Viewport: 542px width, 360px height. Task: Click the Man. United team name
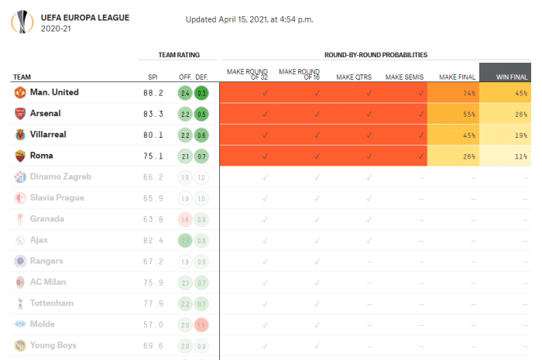click(x=54, y=93)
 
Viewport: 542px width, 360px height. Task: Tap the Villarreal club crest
click(x=19, y=135)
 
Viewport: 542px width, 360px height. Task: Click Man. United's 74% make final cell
click(x=453, y=93)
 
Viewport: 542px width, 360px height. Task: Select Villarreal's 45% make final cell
click(x=453, y=135)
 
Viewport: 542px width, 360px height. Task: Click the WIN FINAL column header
click(x=510, y=77)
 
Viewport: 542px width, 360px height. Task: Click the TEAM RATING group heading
click(x=178, y=55)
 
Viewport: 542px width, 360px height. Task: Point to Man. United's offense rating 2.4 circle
click(x=184, y=93)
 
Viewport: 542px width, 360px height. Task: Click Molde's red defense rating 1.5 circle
click(x=201, y=324)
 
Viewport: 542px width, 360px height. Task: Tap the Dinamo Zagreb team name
click(x=60, y=177)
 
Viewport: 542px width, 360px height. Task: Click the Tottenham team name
click(x=52, y=303)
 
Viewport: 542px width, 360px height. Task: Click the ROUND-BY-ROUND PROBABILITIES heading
click(x=376, y=55)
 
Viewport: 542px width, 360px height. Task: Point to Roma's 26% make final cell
click(x=453, y=156)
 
